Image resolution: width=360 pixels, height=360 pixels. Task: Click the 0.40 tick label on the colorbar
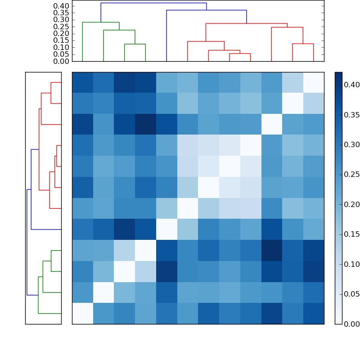click(351, 85)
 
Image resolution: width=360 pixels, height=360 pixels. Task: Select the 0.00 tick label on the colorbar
click(351, 324)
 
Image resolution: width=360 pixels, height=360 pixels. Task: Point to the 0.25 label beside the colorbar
click(351, 174)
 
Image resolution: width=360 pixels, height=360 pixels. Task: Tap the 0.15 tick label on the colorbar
click(351, 234)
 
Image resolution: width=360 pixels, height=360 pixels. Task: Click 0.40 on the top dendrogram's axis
click(62, 6)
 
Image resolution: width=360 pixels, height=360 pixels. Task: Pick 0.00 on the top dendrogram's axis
click(62, 61)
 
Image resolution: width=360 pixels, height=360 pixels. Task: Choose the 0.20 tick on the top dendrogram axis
click(62, 33)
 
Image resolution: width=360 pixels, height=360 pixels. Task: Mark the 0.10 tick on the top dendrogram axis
click(62, 47)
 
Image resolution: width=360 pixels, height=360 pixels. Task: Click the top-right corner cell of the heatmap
click(313, 82)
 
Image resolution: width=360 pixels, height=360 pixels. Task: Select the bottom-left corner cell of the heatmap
click(82, 313)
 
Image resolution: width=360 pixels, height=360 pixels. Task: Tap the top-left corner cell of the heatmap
click(82, 82)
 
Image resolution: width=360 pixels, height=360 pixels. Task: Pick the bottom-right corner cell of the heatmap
click(313, 313)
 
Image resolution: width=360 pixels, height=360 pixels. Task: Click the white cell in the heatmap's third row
click(271, 124)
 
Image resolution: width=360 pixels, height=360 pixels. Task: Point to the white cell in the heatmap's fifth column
click(166, 229)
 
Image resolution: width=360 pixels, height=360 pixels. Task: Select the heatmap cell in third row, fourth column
click(145, 124)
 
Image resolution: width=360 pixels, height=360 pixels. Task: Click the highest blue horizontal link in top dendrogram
click(153, 3)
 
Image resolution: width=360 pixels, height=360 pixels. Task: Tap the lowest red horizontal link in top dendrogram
click(240, 54)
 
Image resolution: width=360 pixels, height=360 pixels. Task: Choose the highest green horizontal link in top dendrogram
click(101, 22)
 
